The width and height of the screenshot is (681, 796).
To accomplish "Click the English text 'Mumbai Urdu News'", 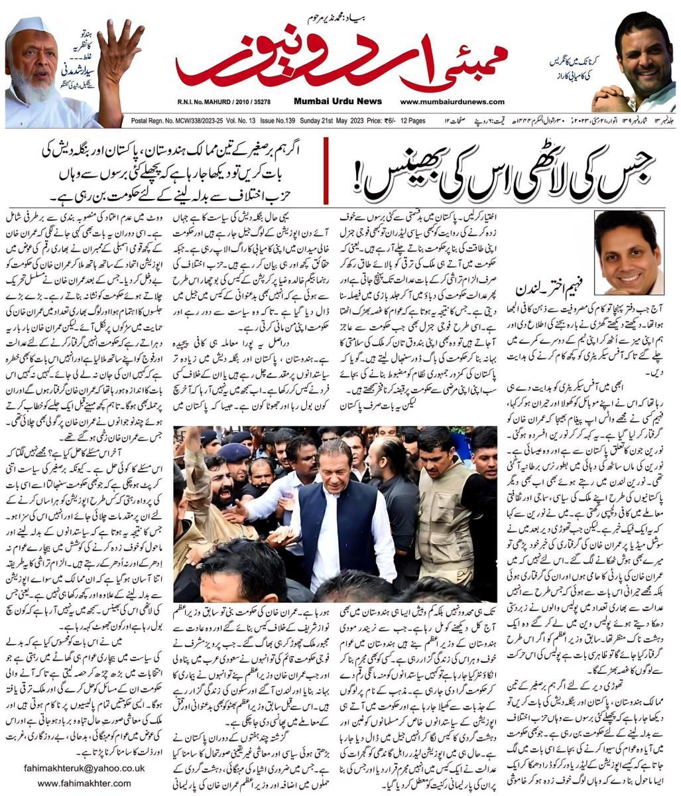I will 338,101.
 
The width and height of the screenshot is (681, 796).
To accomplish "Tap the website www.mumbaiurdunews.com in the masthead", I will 452,101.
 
